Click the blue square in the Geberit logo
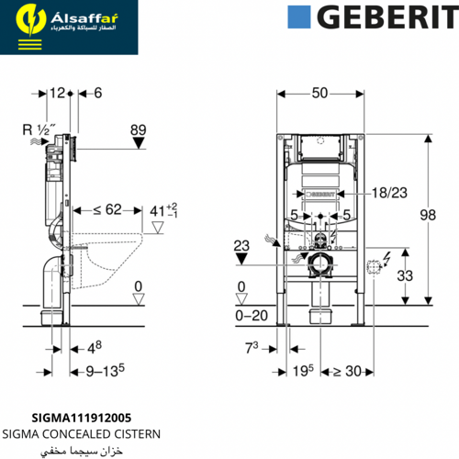pyautogui.click(x=299, y=17)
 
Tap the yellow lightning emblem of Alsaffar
pyautogui.click(x=30, y=19)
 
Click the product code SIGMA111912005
pyautogui.click(x=82, y=418)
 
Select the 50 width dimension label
pyautogui.click(x=319, y=93)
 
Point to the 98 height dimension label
pyautogui.click(x=428, y=215)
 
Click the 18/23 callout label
pyautogui.click(x=389, y=193)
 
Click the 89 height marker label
pyautogui.click(x=139, y=130)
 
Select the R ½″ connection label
pyautogui.click(x=39, y=129)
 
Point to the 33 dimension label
pyautogui.click(x=405, y=275)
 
